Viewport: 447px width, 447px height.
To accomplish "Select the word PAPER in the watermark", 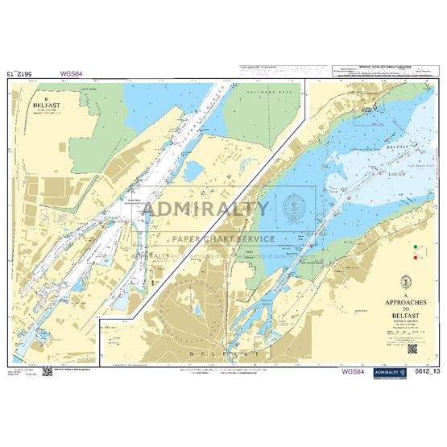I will (x=188, y=238).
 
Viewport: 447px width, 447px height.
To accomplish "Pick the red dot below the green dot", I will (x=416, y=259).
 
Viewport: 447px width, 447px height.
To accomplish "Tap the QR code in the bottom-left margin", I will (x=46, y=370).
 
